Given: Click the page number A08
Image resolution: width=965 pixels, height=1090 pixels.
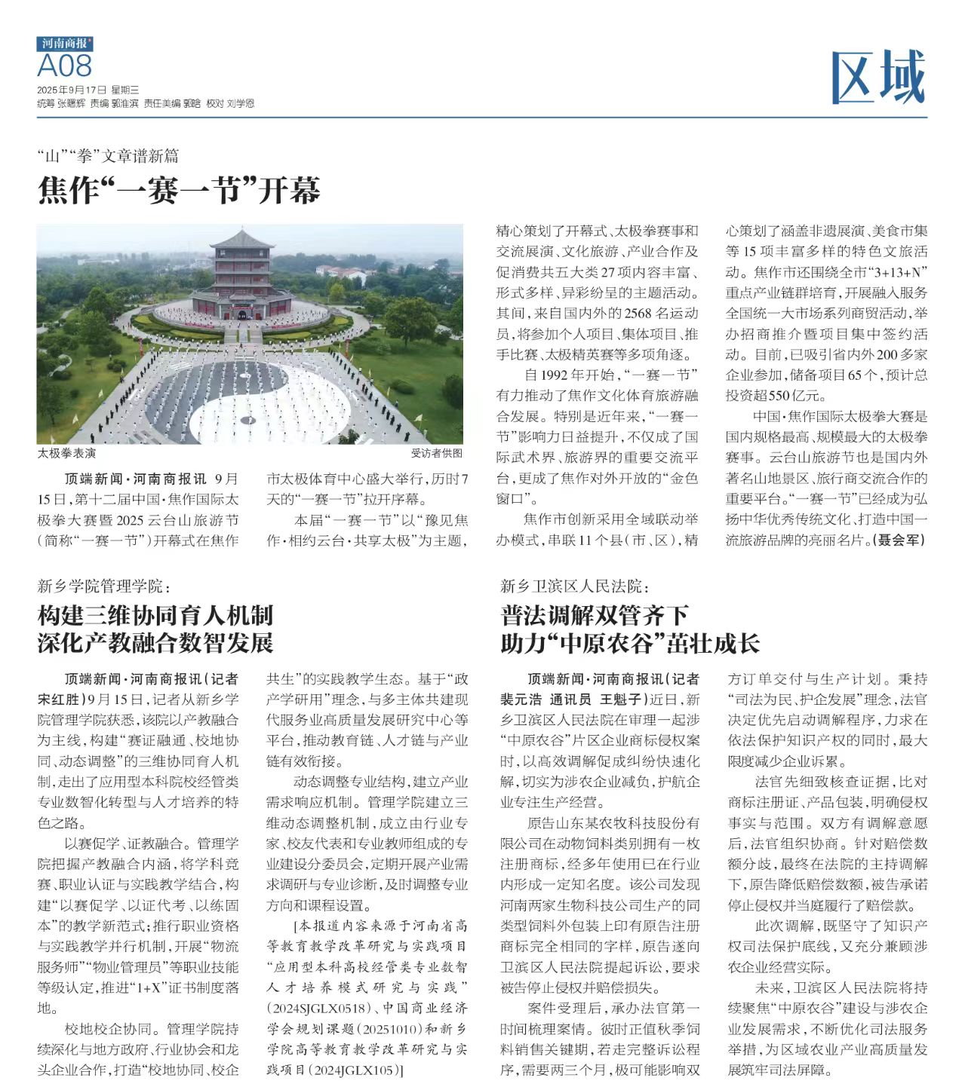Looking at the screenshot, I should point(65,66).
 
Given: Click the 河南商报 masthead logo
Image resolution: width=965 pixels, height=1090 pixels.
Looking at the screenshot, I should point(65,44).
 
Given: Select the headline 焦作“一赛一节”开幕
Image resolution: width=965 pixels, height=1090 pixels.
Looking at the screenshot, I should point(180,191).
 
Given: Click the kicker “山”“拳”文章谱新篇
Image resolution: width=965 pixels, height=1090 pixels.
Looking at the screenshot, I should point(109,156).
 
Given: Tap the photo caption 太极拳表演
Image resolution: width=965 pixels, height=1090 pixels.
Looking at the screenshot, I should point(66,453).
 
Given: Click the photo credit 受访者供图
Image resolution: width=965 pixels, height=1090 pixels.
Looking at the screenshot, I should point(436,453).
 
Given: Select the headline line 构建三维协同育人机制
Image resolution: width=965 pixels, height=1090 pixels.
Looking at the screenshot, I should point(155,615).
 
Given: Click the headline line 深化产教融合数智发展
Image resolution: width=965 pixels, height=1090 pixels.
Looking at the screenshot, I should point(155,643).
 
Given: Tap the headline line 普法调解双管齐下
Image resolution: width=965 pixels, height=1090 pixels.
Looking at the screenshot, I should point(595,615).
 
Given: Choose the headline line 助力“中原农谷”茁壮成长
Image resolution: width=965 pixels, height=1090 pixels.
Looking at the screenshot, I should point(630,643).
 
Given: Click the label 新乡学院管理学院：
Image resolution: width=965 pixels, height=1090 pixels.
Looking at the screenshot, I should point(105,586).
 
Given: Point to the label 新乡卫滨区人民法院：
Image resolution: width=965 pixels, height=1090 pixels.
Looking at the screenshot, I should point(575,586).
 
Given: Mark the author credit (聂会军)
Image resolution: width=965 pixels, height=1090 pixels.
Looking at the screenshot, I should point(899,540).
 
